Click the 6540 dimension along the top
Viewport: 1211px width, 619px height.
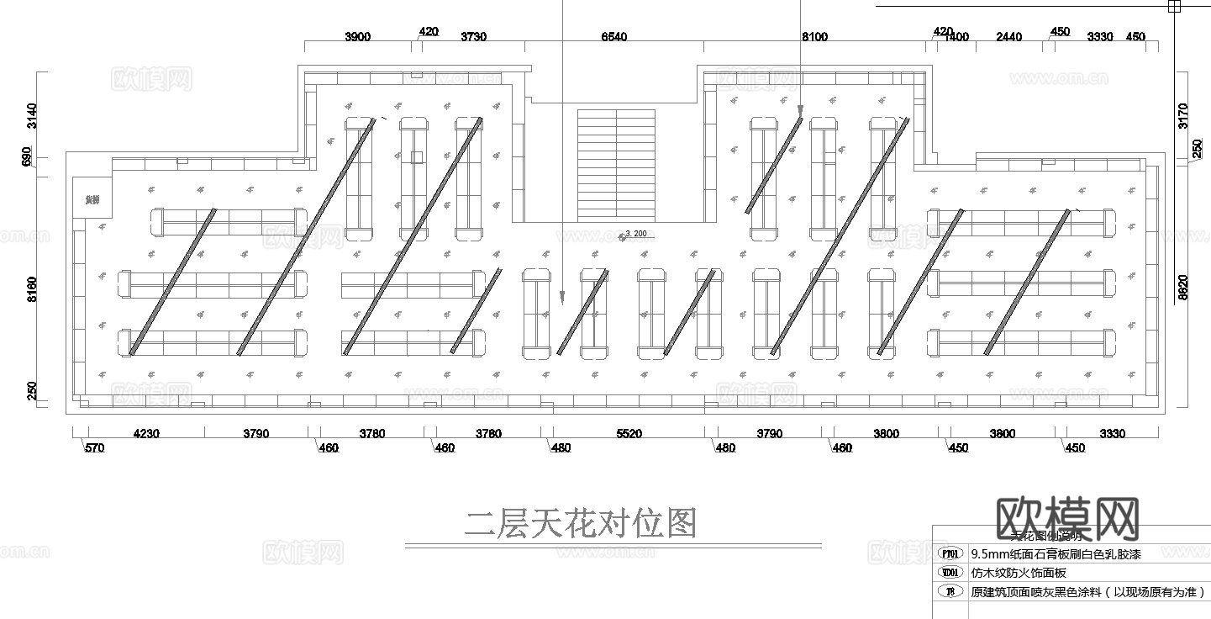coord(613,36)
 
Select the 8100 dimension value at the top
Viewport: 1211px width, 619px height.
coord(814,36)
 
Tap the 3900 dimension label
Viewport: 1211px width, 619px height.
coord(358,36)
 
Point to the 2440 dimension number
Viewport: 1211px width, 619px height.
coord(1008,36)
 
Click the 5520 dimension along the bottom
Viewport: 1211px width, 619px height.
coord(629,434)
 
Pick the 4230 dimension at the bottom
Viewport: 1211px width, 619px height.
coord(147,434)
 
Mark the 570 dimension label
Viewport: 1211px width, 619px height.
coord(94,448)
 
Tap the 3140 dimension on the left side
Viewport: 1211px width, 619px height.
coord(33,115)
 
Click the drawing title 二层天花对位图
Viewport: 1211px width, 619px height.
coord(581,524)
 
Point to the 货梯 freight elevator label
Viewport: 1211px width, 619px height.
coord(92,200)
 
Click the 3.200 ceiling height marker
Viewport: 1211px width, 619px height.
coord(635,234)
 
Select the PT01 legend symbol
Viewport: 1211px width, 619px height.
coord(950,554)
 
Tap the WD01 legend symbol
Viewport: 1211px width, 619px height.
coord(950,573)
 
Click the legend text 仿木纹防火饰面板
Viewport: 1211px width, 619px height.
coord(1019,573)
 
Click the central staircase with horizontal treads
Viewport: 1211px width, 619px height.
coord(616,164)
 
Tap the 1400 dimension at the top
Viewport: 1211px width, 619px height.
coord(956,36)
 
